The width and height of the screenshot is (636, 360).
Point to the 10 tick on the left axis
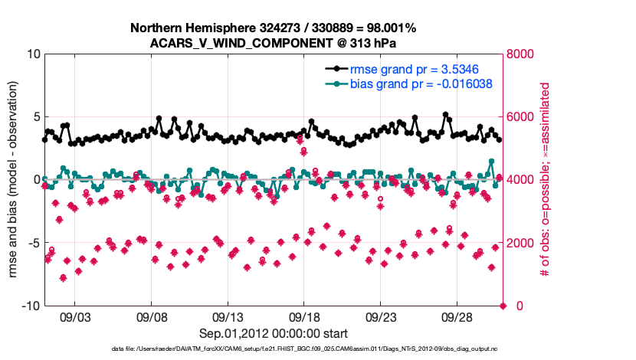tap(31, 54)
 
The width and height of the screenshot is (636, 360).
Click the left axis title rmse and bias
tap(14, 180)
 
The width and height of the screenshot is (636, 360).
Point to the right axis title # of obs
tap(546, 180)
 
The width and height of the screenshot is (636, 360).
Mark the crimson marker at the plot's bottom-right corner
tap(503, 306)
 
